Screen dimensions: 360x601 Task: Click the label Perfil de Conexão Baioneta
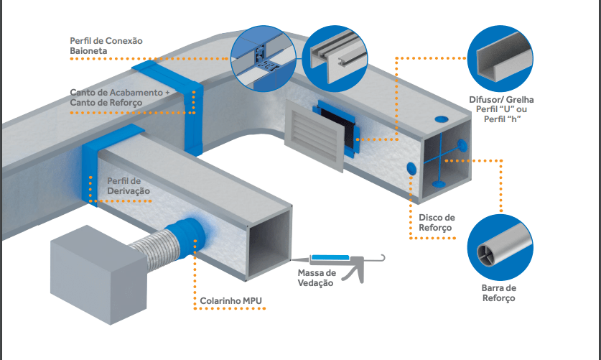(106, 47)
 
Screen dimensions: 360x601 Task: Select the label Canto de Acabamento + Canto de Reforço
(120, 98)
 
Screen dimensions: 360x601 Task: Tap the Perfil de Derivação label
(129, 185)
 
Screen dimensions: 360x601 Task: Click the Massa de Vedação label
(316, 278)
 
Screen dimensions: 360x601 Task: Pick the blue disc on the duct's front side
(411, 167)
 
